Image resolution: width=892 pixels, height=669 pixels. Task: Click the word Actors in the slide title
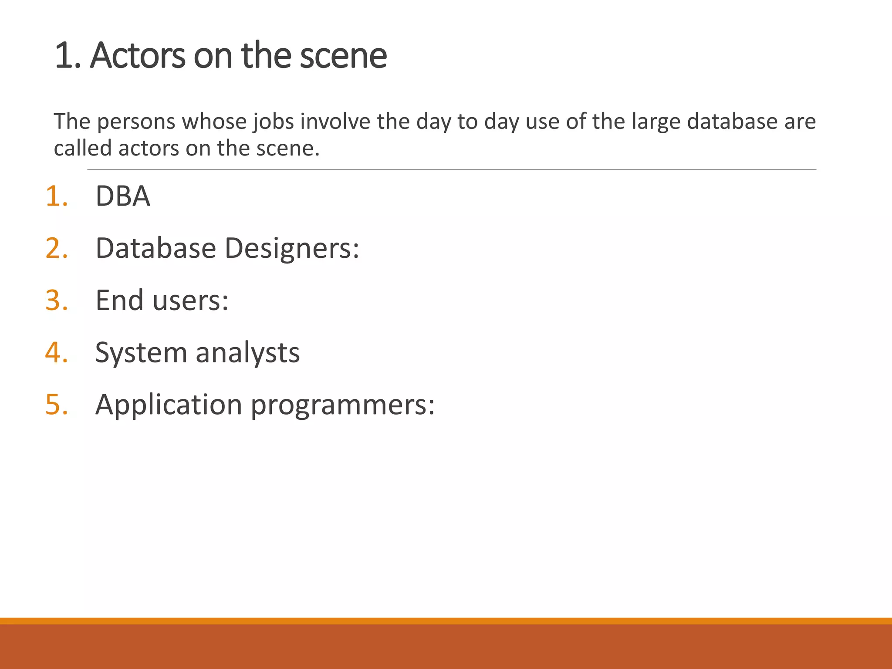(x=137, y=56)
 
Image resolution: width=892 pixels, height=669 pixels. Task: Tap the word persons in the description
(x=136, y=122)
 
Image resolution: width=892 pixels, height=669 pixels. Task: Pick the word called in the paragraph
(x=83, y=148)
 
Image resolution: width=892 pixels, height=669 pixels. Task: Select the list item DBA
(x=123, y=196)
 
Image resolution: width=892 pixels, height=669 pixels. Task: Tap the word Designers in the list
(x=291, y=248)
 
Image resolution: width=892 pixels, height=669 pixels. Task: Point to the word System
(x=141, y=353)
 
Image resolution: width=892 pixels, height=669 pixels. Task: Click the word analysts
(x=247, y=353)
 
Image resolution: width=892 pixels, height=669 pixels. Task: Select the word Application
(x=169, y=405)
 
